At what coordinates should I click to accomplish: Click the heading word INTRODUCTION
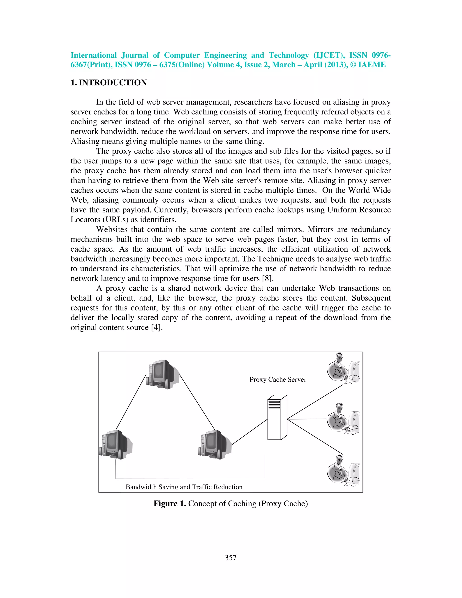pos(113,82)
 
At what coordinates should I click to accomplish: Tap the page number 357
pos(231,558)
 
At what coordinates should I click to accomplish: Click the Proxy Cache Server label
pos(277,380)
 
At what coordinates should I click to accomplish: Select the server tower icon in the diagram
pos(277,417)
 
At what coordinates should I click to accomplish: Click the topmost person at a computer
pos(343,369)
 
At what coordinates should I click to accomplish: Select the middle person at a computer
pos(343,419)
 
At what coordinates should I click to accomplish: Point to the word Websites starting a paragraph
pos(112,229)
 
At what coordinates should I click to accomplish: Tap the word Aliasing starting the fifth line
pos(85,141)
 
